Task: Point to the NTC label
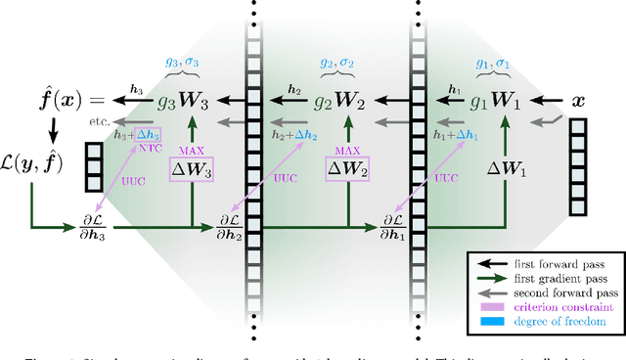[149, 149]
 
